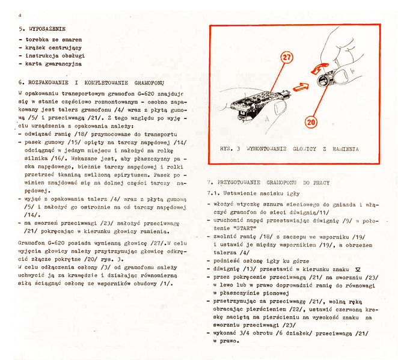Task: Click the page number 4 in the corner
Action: point(20,14)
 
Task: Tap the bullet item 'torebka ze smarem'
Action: point(51,39)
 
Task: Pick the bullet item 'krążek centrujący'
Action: point(51,47)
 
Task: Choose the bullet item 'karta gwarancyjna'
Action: point(52,63)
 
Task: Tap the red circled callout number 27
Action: point(287,58)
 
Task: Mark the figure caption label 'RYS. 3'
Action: point(230,147)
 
